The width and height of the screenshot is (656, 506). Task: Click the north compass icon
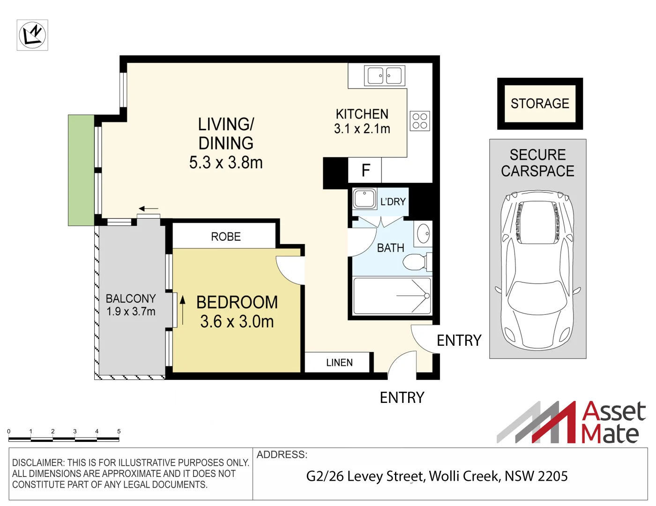point(32,35)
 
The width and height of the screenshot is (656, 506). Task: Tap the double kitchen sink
point(385,75)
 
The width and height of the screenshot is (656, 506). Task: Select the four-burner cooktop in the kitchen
point(420,121)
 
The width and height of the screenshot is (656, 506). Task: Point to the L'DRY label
point(393,201)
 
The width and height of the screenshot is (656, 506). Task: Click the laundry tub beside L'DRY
point(365,199)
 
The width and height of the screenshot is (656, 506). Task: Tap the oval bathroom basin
point(423,233)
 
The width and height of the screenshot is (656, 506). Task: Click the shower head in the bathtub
point(427,296)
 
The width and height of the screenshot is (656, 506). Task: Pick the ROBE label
point(226,237)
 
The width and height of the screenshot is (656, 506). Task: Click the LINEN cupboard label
point(339,362)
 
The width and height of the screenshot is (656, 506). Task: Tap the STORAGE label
point(540,104)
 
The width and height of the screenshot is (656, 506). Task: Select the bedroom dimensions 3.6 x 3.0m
point(237,322)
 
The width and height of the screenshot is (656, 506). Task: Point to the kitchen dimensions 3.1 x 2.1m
point(362,129)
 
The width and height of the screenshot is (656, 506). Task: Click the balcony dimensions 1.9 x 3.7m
point(131,312)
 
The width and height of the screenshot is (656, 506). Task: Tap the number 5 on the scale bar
point(119,432)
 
